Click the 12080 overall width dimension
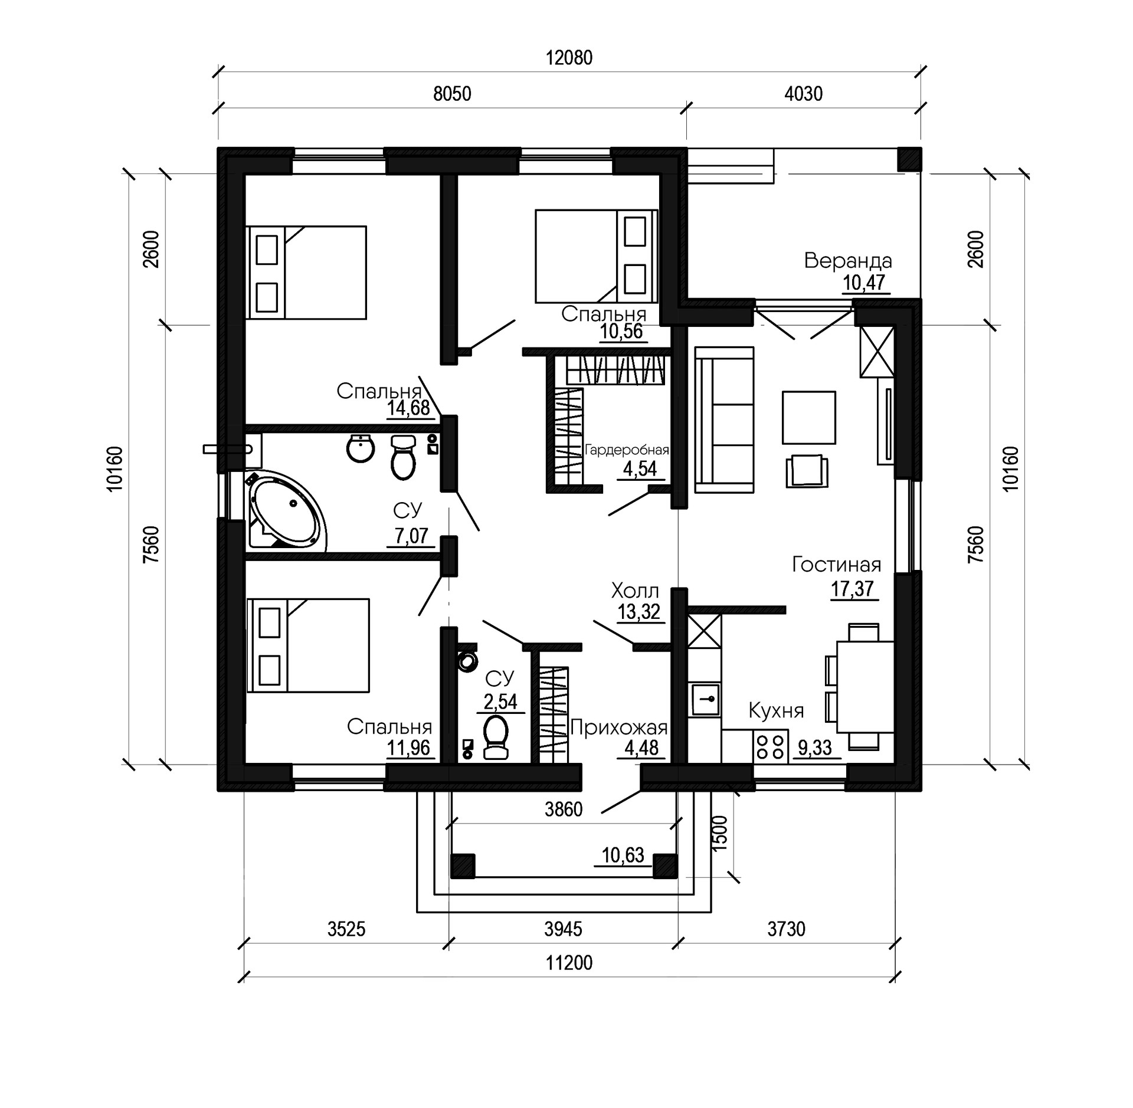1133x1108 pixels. pos(569,58)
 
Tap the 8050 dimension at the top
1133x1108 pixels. pos(452,94)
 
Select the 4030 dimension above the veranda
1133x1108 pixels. pos(803,94)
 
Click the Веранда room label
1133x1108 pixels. pos(847,261)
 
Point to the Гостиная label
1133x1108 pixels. pos(836,565)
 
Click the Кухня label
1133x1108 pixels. pos(776,710)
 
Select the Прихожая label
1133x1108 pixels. pos(618,728)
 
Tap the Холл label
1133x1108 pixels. pos(635,590)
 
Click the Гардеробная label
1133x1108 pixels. pos(627,451)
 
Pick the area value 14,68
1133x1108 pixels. pos(408,408)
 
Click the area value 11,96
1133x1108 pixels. pos(408,748)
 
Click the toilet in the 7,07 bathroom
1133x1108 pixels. pos(404,457)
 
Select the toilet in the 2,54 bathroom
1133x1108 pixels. pos(496,736)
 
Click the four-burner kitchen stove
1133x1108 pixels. pos(770,746)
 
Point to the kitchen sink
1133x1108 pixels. pos(705,699)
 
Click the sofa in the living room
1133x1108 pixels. pos(724,419)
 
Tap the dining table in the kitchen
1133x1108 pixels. pos(865,687)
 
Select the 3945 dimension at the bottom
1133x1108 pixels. pos(563,929)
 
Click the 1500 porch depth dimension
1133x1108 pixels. pos(720,832)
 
